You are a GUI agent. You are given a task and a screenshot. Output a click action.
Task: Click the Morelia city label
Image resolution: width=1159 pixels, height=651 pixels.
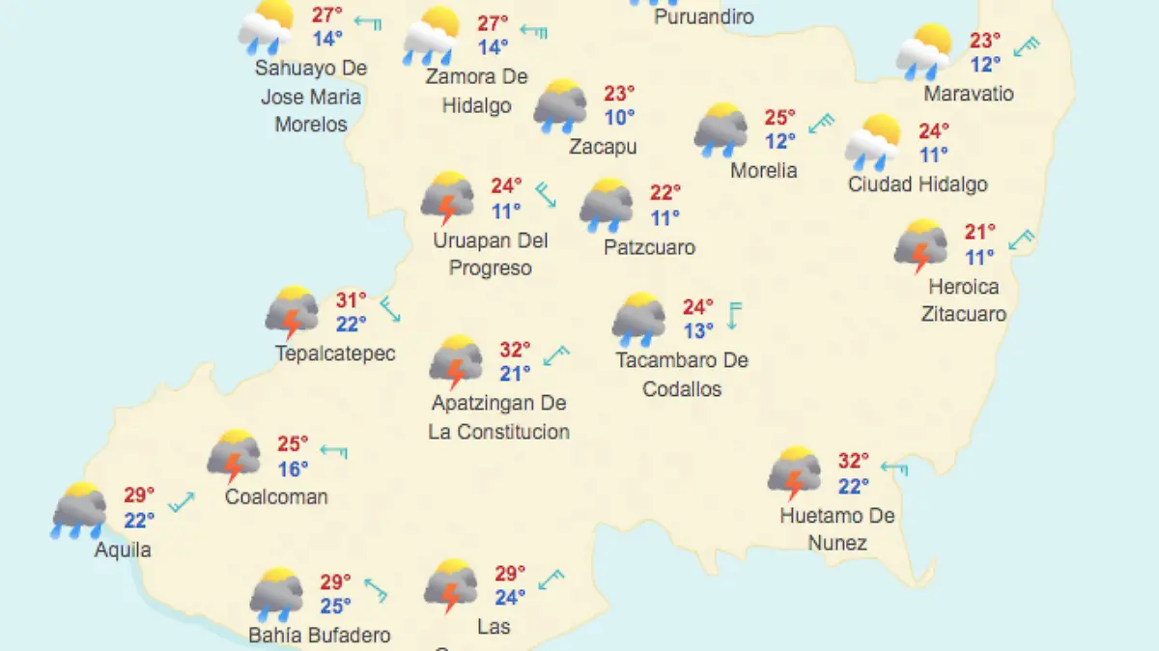coord(764,170)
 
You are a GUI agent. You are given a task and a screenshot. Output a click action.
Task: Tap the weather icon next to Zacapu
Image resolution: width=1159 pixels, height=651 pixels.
coord(560,106)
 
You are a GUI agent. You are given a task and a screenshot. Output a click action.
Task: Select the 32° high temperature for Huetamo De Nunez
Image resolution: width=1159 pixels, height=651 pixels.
coord(854,461)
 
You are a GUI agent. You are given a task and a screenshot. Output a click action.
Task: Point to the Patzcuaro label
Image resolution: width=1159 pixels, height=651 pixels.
coord(649,247)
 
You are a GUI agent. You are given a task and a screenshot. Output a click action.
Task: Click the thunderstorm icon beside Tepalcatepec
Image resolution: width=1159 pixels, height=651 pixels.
coord(292,312)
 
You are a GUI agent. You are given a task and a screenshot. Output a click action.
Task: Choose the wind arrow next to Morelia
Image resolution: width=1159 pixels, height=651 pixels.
coord(822,124)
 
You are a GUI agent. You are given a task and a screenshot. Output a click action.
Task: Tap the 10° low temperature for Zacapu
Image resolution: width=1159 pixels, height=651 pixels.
coord(620,118)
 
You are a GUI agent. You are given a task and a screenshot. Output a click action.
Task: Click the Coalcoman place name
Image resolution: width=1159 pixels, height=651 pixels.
coord(276,496)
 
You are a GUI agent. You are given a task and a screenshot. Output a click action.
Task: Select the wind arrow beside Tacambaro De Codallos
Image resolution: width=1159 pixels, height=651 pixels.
coord(735,315)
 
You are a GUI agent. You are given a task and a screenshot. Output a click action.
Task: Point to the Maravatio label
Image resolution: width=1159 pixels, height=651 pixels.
coord(969,94)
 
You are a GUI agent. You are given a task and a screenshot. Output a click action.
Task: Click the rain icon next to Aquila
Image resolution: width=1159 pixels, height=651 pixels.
coord(78,509)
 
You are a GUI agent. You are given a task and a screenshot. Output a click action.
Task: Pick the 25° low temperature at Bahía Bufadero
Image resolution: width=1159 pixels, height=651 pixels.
coord(336,607)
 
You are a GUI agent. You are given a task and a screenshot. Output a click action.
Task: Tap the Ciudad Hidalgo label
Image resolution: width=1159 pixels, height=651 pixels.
coord(918,184)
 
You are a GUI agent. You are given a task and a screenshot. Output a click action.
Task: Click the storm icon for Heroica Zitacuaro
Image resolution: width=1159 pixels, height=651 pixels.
coord(920,245)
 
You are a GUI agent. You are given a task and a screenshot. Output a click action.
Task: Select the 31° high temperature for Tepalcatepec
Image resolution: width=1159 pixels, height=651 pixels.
coord(352,300)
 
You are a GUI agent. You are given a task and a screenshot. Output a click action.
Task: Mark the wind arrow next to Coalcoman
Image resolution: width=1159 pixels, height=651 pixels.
coord(333,450)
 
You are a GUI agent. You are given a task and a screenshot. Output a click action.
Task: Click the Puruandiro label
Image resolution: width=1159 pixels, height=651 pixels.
coord(703,16)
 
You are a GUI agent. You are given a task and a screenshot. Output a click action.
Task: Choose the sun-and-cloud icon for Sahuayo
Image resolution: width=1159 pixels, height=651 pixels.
coord(266,26)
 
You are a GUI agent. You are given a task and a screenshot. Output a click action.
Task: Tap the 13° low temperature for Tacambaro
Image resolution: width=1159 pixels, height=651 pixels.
coord(699,331)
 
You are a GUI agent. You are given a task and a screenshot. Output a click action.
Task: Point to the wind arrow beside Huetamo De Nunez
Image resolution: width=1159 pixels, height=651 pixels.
coord(893,468)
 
